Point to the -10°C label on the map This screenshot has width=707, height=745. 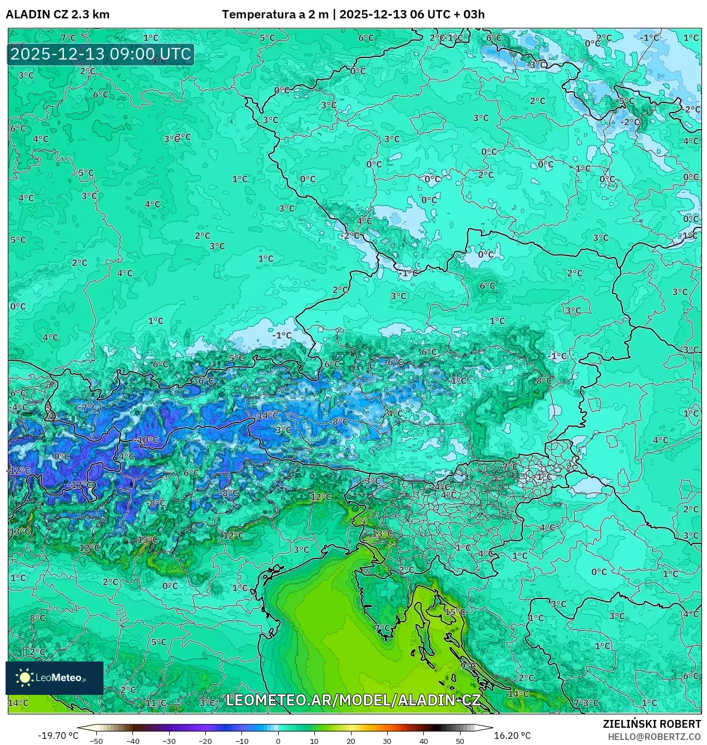[147, 440]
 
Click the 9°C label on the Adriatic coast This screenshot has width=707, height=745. [468, 665]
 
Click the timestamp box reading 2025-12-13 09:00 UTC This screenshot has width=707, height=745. [101, 55]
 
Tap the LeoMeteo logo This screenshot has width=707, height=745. [54, 678]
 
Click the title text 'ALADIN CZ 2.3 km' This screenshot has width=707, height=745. [57, 14]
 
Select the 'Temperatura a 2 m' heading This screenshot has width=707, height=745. [275, 14]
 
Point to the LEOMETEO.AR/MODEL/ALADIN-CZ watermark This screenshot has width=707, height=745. [353, 700]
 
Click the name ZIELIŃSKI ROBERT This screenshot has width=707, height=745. [651, 724]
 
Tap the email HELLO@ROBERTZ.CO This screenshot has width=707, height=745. [654, 736]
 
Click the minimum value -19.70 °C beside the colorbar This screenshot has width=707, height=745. [58, 736]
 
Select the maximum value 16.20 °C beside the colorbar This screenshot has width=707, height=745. [512, 736]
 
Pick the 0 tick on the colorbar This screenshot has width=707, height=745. [278, 741]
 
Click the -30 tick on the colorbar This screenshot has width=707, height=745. [169, 741]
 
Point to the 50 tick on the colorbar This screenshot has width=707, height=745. [459, 741]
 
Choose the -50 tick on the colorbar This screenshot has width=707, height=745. [96, 741]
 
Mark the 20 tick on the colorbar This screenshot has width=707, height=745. [350, 741]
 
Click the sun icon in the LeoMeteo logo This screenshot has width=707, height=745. [25, 678]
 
